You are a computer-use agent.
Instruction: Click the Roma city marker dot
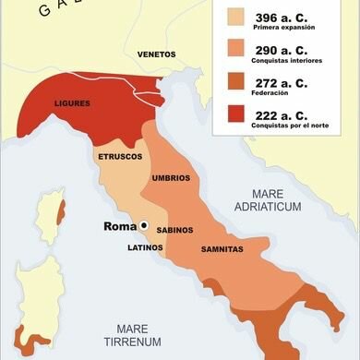coord(144,226)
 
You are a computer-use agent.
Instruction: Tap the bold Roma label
coord(119,226)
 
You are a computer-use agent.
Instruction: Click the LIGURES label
coord(71,103)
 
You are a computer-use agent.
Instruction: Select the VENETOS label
coord(156,54)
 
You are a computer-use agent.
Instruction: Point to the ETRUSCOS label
coord(120,158)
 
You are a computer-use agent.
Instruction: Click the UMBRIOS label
coord(173,176)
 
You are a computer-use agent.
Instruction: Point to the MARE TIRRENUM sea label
coord(134,335)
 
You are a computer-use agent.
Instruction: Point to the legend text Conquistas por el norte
coord(294,127)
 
